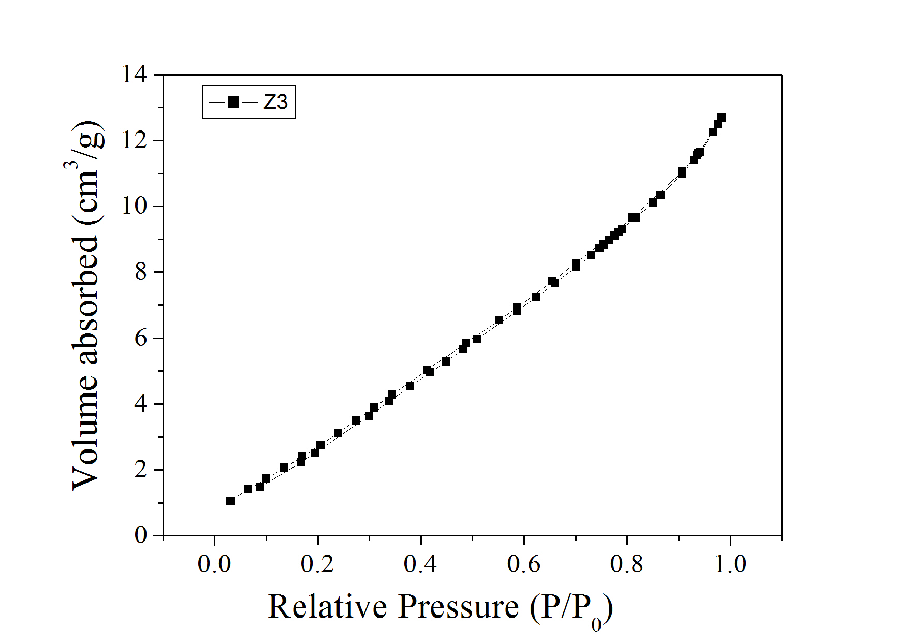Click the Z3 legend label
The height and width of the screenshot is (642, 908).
[275, 102]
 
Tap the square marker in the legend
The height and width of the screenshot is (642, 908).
[233, 102]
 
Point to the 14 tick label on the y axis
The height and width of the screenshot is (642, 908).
[134, 75]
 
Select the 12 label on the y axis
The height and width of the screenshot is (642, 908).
[134, 140]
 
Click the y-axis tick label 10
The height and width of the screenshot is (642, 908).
[134, 206]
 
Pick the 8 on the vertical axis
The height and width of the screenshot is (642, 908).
[141, 272]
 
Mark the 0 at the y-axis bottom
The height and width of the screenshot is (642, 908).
[141, 535]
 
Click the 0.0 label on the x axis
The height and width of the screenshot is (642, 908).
[214, 564]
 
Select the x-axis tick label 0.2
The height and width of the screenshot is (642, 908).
[317, 564]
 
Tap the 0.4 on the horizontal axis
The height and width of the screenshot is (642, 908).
[420, 564]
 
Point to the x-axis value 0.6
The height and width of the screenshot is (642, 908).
[523, 564]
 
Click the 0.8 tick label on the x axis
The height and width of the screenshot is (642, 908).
[626, 564]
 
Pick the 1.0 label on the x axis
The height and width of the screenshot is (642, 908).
[730, 564]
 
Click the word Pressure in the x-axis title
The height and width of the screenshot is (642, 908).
[459, 607]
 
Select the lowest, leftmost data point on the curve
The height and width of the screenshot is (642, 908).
[230, 500]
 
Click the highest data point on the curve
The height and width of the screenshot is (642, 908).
[721, 118]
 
